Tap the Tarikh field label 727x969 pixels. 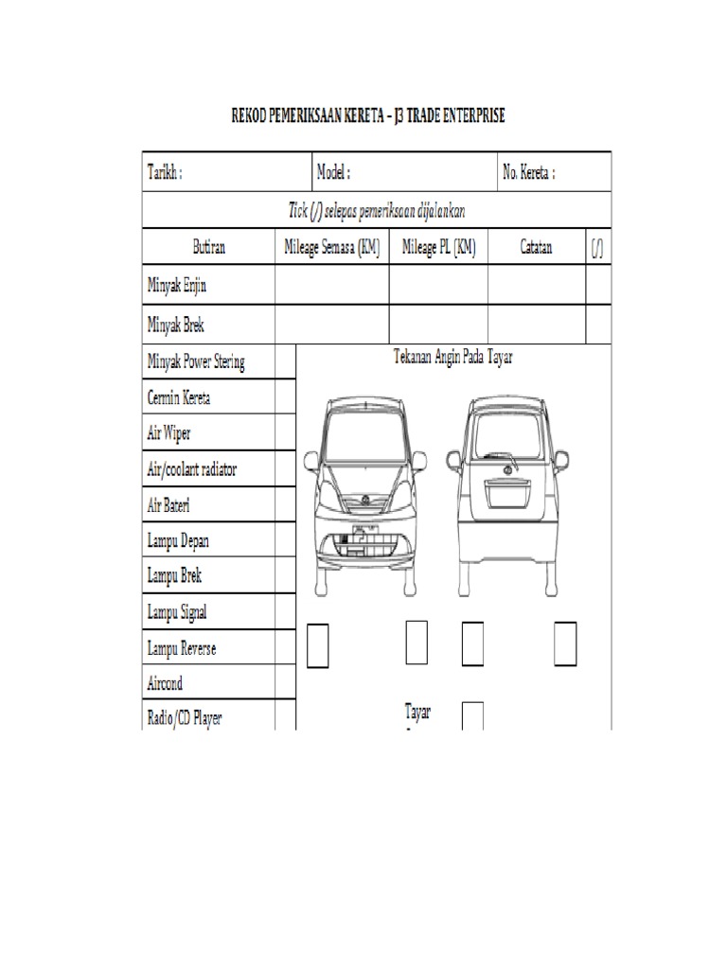[x=165, y=173]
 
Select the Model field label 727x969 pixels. [x=334, y=173]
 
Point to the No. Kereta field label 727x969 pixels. [x=528, y=173]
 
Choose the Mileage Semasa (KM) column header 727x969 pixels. [x=332, y=248]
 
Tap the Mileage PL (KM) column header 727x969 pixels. [x=438, y=248]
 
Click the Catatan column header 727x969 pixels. [x=536, y=248]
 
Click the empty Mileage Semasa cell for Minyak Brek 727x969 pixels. [x=332, y=324]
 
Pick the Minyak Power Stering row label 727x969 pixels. [x=196, y=361]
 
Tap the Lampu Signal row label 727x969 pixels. [x=177, y=612]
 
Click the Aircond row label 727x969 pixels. [x=165, y=683]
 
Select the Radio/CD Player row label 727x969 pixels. [x=185, y=718]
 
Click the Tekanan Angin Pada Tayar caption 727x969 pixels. [x=452, y=358]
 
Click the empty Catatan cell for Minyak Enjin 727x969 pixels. [x=536, y=284]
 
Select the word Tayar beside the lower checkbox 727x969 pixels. [x=417, y=713]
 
